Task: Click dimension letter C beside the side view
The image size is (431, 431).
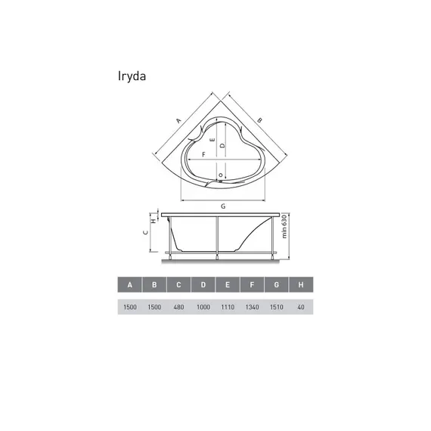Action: pyautogui.click(x=147, y=234)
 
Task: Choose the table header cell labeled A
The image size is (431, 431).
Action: pyautogui.click(x=130, y=285)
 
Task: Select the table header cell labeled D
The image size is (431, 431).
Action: pyautogui.click(x=203, y=285)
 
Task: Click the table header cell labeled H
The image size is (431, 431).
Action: pyautogui.click(x=301, y=285)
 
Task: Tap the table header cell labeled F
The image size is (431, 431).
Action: pyautogui.click(x=253, y=285)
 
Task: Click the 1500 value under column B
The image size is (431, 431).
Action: pyautogui.click(x=154, y=307)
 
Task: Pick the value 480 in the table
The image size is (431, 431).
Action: pyautogui.click(x=179, y=307)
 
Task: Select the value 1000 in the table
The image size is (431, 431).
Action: pyautogui.click(x=203, y=307)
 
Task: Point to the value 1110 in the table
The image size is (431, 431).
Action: pyautogui.click(x=228, y=307)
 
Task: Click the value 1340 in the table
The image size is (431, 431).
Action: pyautogui.click(x=253, y=307)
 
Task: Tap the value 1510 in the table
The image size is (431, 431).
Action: pyautogui.click(x=277, y=307)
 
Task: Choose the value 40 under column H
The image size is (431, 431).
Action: pyautogui.click(x=301, y=307)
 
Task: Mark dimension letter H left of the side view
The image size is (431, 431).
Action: pyautogui.click(x=154, y=221)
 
